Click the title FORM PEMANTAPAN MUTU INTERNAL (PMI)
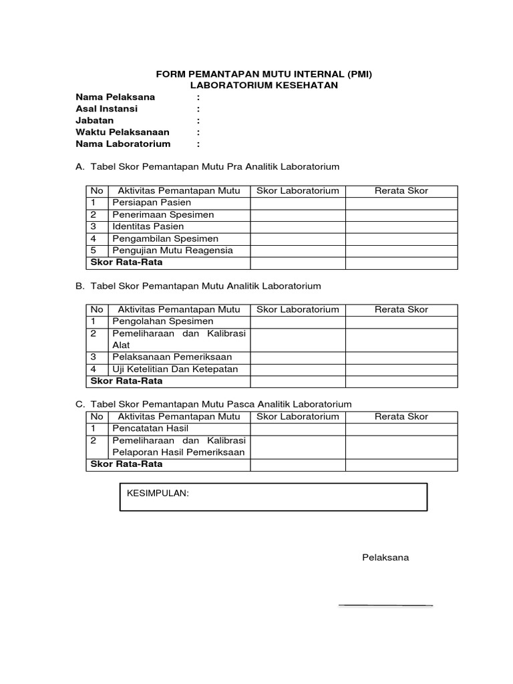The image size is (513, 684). point(263,74)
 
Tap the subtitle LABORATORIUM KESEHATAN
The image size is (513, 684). point(263,85)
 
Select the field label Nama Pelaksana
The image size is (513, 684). point(115,97)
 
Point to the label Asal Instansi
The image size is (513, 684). point(107,109)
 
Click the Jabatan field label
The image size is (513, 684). point(95,120)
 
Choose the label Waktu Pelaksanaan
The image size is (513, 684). point(122,132)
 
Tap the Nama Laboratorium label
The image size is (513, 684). point(123,144)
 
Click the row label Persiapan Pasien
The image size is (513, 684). point(152,202)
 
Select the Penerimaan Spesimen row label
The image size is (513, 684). point(164,214)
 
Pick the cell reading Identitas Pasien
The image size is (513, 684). point(148,226)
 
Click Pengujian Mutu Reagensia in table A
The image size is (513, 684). point(173,250)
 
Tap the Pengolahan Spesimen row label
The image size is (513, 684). point(163,321)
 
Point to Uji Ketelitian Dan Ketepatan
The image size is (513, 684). point(175,369)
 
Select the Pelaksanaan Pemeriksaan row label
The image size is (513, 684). point(170,357)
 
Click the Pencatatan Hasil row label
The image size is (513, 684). point(150,428)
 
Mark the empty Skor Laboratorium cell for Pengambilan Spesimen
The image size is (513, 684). point(298,238)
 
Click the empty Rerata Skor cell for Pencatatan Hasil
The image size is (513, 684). point(401,428)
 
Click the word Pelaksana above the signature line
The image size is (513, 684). point(385,557)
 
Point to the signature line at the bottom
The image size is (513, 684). point(386,605)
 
